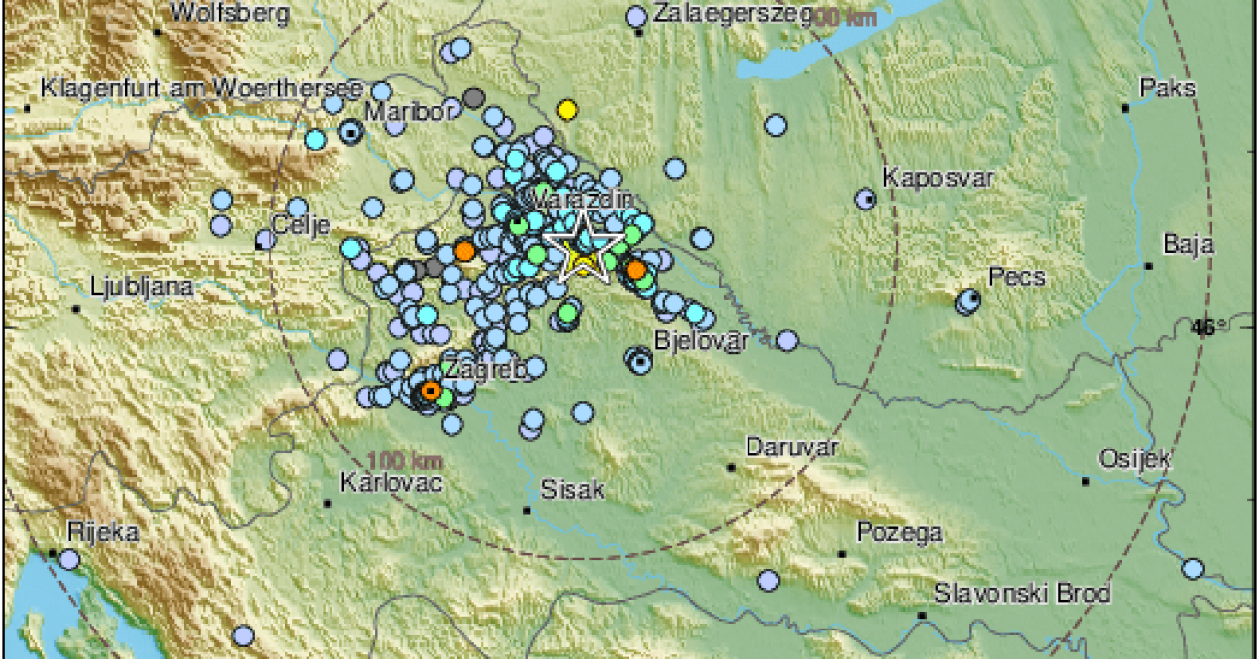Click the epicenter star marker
pos(583,246)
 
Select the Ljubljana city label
pos(142,288)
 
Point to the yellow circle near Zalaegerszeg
pos(566,110)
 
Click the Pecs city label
pos(1017,277)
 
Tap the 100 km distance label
pos(404,459)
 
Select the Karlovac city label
pos(390,483)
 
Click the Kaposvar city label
pos(938,179)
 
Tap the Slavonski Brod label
pos(1022,594)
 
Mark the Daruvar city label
pos(791,447)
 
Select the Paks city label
pos(1168,89)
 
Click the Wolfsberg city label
pos(230,13)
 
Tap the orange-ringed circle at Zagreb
pos(430,390)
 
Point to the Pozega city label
pos(899,533)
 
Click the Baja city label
pos(1187,244)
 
